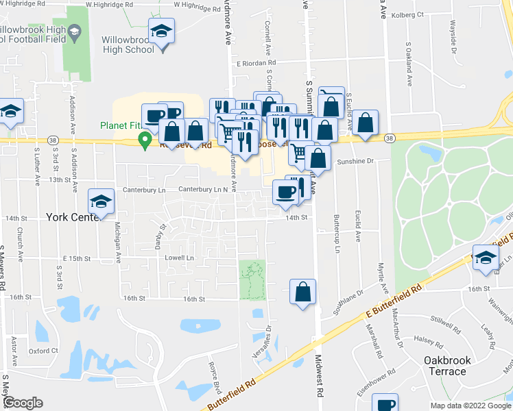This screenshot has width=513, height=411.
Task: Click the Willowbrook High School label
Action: tap(128, 45)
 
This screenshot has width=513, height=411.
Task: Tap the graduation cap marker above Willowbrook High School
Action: tap(161, 32)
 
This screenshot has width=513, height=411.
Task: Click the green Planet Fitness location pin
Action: tap(145, 140)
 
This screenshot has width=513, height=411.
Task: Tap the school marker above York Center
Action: tap(101, 201)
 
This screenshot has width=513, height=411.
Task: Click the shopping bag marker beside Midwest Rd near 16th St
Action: tap(302, 292)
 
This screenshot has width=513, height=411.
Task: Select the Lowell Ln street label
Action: tap(180, 258)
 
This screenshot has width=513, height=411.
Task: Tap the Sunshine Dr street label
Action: tap(355, 162)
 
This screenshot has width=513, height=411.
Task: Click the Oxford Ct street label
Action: tap(43, 351)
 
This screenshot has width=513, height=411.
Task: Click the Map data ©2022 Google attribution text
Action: tap(470, 406)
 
